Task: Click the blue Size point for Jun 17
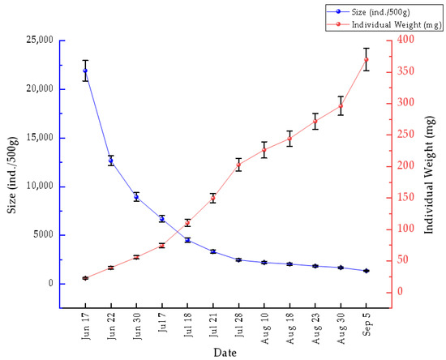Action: [85, 71]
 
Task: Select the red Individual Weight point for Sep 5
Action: [367, 59]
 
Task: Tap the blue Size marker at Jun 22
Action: [110, 161]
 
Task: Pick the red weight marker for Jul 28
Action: [238, 165]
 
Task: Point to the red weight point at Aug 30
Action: [341, 106]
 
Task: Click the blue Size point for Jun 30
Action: [136, 197]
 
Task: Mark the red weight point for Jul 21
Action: [213, 198]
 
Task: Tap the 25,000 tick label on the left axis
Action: [40, 40]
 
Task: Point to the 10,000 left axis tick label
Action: [40, 186]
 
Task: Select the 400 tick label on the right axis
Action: [406, 39]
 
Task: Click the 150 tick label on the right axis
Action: [406, 197]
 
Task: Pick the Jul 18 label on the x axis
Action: [188, 325]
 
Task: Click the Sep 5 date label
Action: [367, 324]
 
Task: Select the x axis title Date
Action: [225, 353]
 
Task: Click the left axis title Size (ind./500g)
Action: [12, 175]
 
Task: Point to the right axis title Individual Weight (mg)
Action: [430, 175]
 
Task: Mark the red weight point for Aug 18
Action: [289, 139]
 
